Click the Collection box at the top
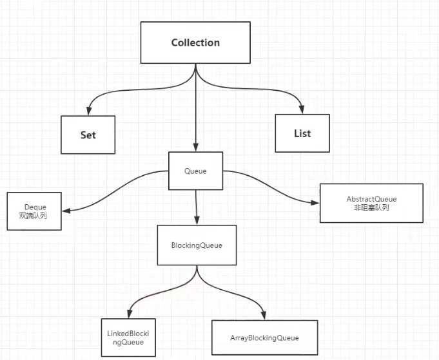(x=195, y=43)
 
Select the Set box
(x=88, y=135)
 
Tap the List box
(x=302, y=133)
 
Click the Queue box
(x=195, y=171)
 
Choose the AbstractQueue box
(x=371, y=203)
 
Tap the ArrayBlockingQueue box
(x=264, y=337)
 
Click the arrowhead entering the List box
(x=302, y=110)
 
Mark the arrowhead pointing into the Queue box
(x=195, y=147)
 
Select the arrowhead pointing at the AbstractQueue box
(x=315, y=203)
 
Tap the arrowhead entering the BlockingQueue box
(x=196, y=220)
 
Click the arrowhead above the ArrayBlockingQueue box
(x=265, y=314)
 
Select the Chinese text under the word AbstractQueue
(x=371, y=207)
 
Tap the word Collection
(x=195, y=43)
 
